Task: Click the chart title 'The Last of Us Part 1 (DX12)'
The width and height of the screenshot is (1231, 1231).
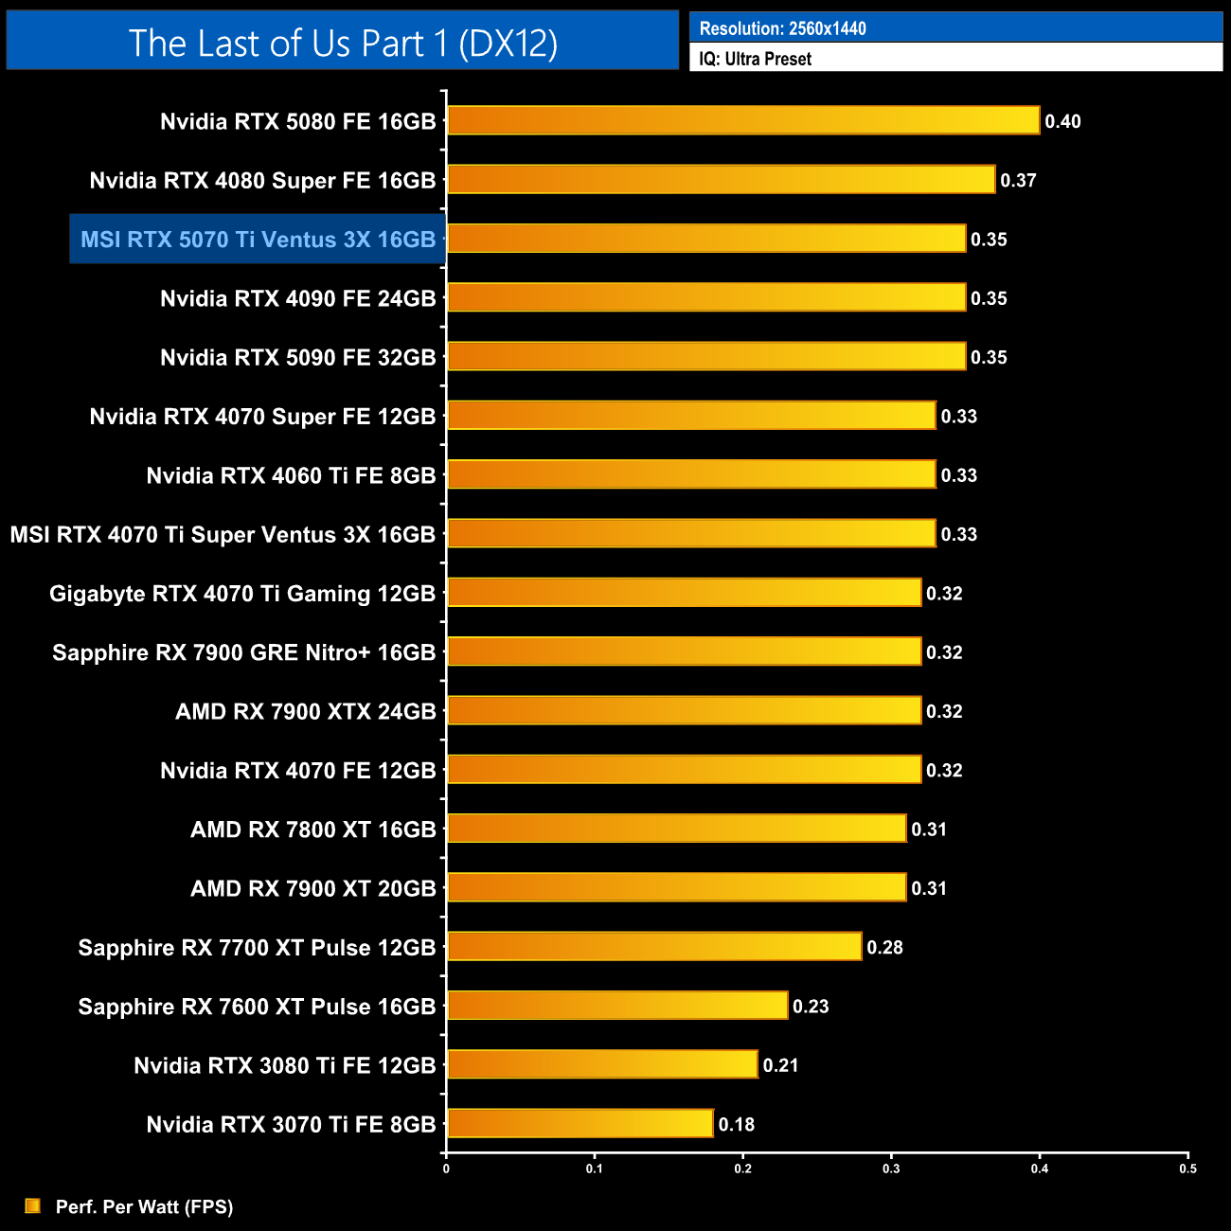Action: (x=343, y=43)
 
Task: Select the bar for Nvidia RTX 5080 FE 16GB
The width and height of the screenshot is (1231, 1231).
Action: (x=743, y=120)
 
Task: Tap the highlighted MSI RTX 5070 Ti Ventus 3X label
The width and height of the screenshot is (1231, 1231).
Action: (x=258, y=240)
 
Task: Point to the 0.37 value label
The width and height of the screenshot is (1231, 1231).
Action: (x=1018, y=180)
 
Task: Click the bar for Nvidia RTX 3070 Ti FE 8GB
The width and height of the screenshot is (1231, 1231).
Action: (x=580, y=1124)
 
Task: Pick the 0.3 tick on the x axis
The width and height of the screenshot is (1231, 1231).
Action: (x=891, y=1169)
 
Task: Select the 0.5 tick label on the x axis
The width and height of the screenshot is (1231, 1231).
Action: (x=1187, y=1169)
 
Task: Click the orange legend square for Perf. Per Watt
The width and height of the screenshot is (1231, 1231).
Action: (x=33, y=1205)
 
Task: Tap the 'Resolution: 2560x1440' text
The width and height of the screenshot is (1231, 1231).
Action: (x=782, y=28)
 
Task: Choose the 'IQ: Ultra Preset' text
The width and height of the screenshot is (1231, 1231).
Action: (x=755, y=59)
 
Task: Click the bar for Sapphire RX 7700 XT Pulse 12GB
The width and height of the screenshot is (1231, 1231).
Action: (x=654, y=947)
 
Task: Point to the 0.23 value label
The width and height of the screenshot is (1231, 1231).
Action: (x=811, y=1006)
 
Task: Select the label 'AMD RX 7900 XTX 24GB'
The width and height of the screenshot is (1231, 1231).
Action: (x=305, y=711)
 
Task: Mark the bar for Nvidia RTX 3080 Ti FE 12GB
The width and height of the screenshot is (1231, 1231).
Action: (x=602, y=1064)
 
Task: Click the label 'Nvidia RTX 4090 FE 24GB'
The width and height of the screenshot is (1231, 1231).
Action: (x=297, y=298)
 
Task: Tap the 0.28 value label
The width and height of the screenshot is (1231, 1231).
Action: (x=884, y=947)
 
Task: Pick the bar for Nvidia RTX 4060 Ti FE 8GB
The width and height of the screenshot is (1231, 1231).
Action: (x=691, y=474)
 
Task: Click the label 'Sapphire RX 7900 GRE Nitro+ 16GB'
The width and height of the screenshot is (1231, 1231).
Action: (x=243, y=652)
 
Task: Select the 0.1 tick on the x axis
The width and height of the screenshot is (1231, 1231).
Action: (x=594, y=1169)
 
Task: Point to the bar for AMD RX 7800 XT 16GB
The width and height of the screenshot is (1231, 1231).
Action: (x=676, y=829)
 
